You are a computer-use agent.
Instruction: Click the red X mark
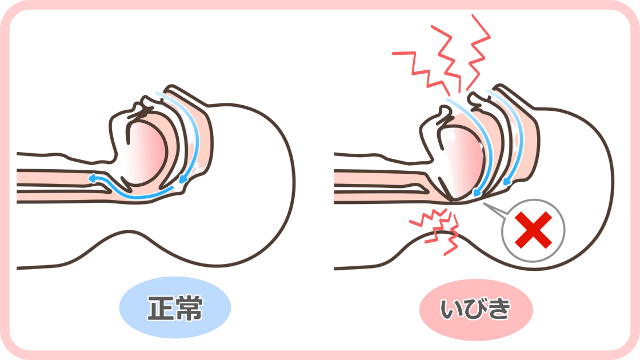coord(533,230)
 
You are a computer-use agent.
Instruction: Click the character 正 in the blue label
coord(161,307)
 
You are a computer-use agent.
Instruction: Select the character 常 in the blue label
coord(189,307)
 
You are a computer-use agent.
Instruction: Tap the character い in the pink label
coord(451,309)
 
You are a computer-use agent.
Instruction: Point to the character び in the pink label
coord(475,309)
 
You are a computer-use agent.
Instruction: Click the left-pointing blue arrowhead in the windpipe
coord(93,178)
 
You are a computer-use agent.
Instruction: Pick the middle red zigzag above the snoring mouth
coord(447,57)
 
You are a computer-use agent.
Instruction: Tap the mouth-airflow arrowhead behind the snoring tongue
coord(477,193)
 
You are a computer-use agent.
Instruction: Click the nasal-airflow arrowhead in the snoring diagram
coord(507,180)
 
